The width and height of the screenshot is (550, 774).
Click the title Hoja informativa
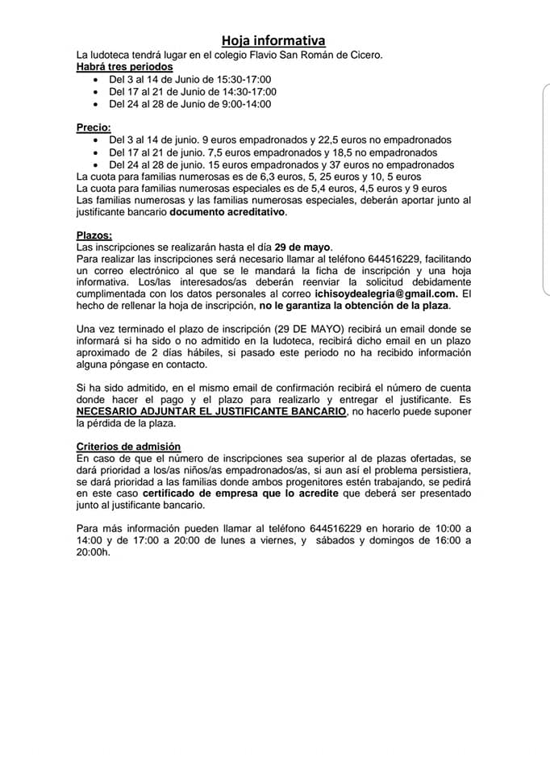274,40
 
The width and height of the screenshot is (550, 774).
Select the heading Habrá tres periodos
124,67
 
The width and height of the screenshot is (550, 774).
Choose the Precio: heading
94,127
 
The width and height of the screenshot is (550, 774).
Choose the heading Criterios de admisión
128,447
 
